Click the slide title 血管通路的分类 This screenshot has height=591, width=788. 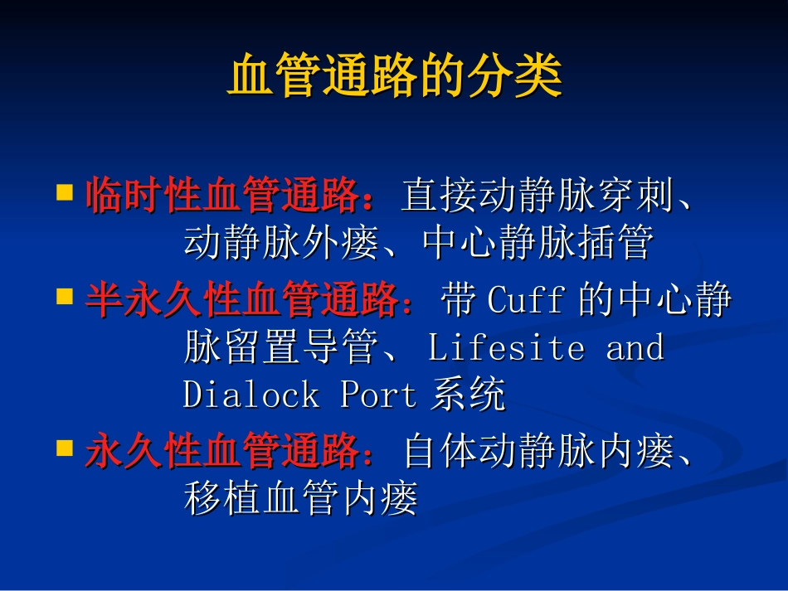[395, 77]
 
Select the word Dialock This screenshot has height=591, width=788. [251, 395]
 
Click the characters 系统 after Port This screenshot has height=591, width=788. [468, 395]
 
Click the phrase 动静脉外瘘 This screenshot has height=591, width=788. [280, 244]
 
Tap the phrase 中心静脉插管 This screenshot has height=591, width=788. [537, 244]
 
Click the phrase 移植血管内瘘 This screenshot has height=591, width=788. [300, 500]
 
